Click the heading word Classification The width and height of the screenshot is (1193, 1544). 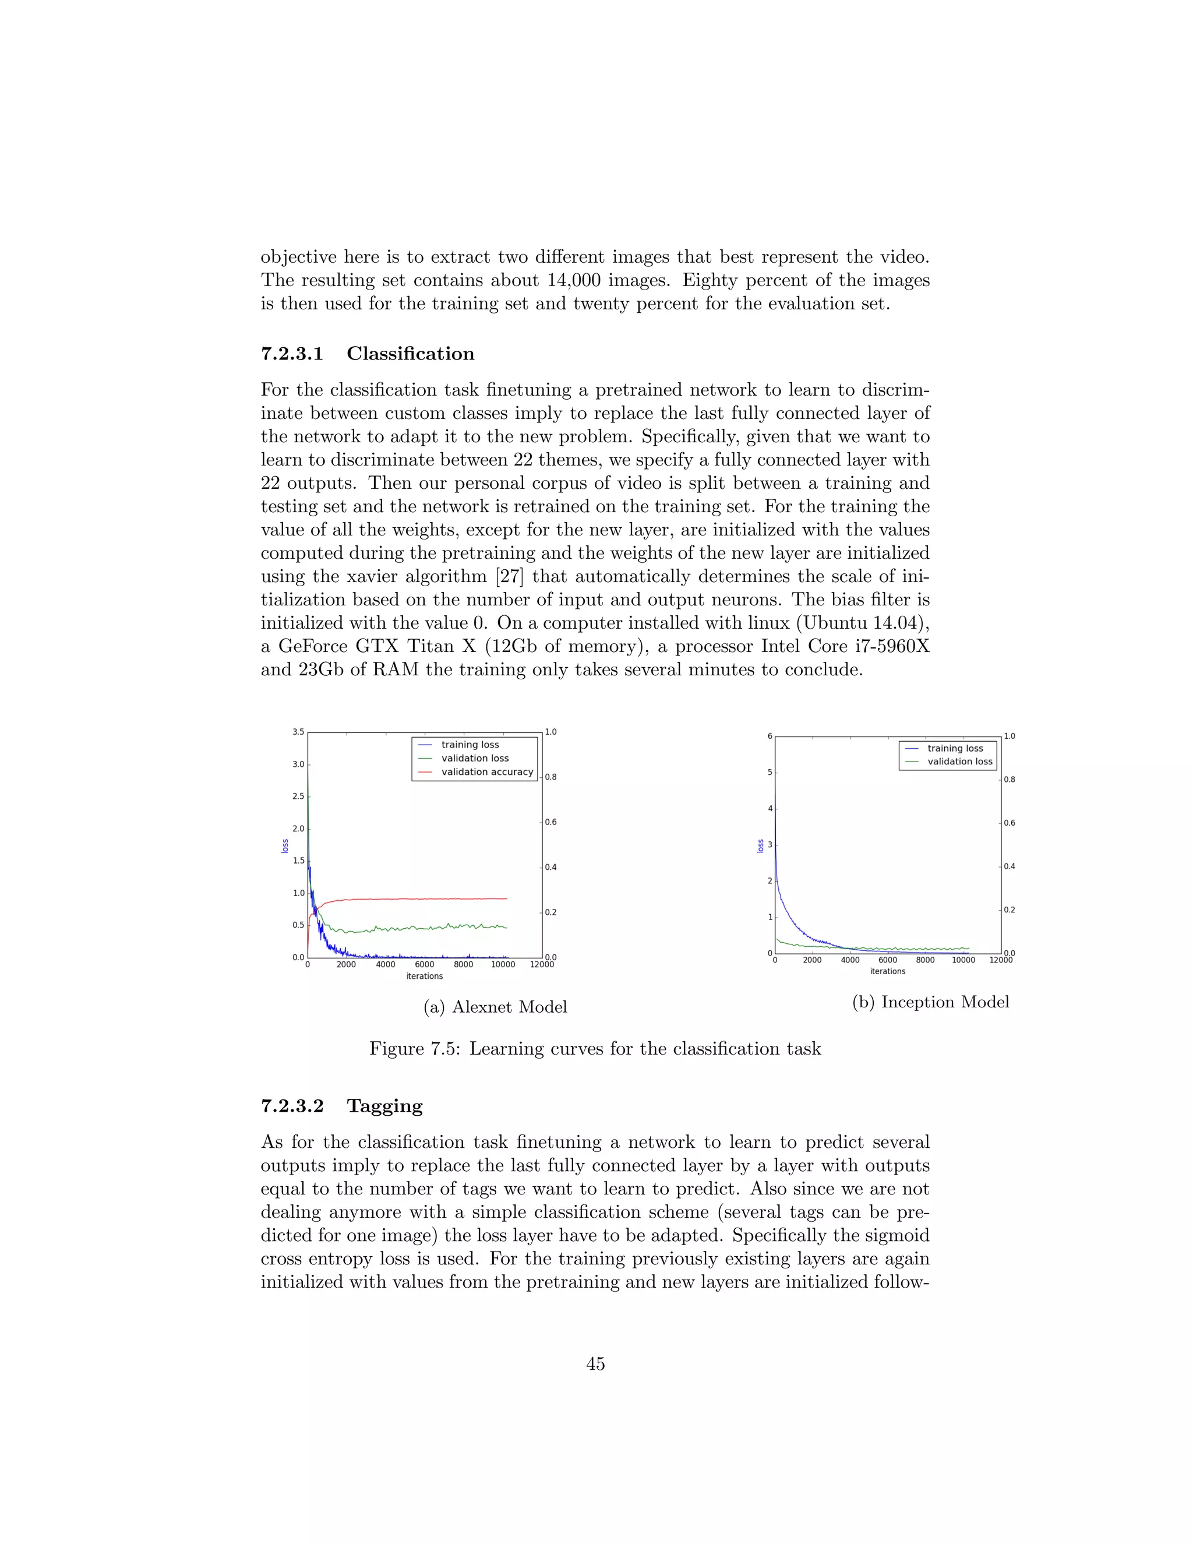pos(410,354)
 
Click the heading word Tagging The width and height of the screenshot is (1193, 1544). pos(384,1106)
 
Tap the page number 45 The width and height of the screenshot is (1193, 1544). pos(595,1364)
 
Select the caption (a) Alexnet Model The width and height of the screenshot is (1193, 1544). pos(495,1007)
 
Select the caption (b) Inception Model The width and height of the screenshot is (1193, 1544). pos(930,1002)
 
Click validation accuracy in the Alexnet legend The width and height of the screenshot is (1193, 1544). pos(487,772)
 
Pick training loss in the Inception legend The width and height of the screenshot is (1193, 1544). pos(955,748)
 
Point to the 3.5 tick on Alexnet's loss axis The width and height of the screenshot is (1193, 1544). pos(298,732)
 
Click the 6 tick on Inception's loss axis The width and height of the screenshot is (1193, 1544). pos(770,736)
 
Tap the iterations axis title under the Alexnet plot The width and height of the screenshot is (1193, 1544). pos(424,977)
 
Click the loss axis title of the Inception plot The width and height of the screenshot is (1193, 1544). pos(760,845)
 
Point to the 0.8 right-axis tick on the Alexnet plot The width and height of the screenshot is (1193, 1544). pos(550,777)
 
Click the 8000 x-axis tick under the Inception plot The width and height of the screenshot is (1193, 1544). pos(925,960)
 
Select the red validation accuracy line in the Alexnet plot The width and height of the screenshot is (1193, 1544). pos(424,898)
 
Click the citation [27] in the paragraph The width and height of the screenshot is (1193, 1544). pos(509,576)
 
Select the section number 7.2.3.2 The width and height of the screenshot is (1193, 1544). pos(292,1106)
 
